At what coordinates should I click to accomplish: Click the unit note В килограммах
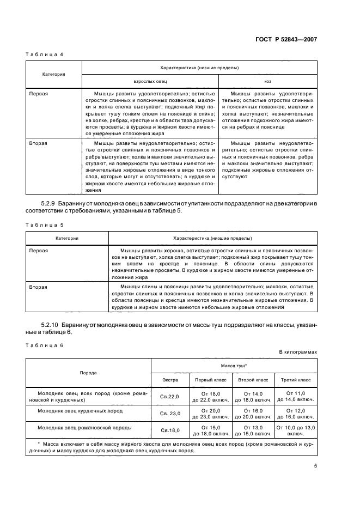(x=298, y=352)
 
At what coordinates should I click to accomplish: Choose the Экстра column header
(x=170, y=379)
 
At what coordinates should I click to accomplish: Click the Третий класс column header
(x=295, y=379)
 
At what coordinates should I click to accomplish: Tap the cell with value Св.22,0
(x=170, y=396)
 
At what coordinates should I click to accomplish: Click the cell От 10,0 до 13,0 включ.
(x=295, y=431)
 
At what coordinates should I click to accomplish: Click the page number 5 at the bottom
(x=315, y=465)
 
